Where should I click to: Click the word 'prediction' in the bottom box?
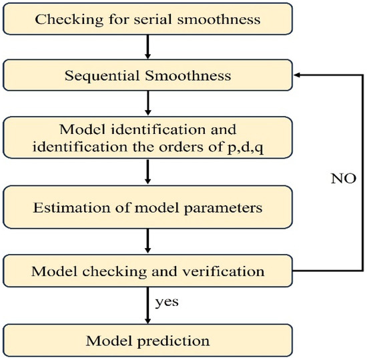175,341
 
